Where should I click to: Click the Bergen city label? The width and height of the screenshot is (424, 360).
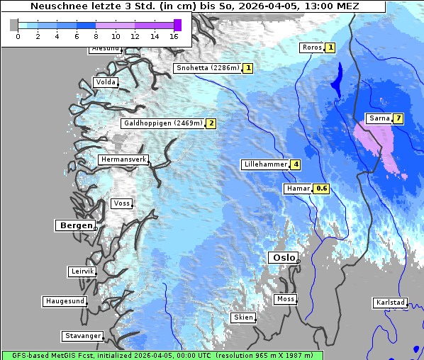pos(74,225)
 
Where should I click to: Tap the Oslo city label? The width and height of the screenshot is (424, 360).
pos(282,258)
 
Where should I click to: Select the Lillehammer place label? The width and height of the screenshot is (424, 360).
pos(265,164)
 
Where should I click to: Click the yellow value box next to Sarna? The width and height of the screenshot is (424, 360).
pos(398,118)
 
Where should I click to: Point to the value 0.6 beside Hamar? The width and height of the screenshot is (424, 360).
pos(322,189)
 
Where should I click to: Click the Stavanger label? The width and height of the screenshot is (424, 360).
pos(82,336)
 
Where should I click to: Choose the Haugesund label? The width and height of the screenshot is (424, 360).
pos(65,301)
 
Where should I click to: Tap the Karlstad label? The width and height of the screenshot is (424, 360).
pos(391,303)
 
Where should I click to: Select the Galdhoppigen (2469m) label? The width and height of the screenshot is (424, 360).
pos(163,123)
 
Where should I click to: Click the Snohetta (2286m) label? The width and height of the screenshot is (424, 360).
pos(207,68)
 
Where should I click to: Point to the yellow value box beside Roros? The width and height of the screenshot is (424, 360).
pos(330,47)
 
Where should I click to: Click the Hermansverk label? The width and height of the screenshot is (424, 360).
pos(123,160)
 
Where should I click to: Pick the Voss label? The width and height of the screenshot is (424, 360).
pos(121,203)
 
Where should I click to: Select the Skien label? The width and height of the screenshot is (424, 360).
pos(242,317)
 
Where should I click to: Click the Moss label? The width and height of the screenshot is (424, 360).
pos(285,299)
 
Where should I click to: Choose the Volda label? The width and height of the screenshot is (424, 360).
pos(105,82)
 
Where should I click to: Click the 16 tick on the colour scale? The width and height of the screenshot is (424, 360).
pos(174,36)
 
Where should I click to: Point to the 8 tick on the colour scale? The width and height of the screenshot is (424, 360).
pos(96,36)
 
